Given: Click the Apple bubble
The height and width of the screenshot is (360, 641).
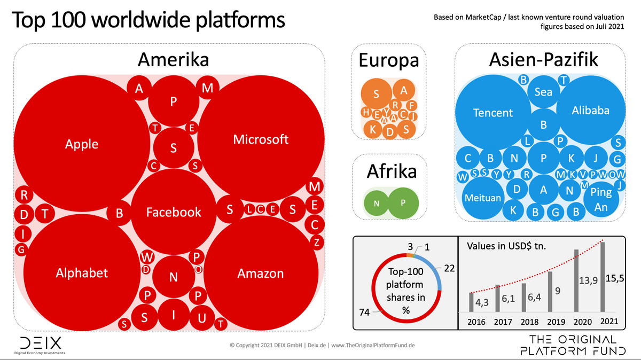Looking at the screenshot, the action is pos(82,144).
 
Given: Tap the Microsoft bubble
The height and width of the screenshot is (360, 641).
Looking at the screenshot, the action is pos(261,139).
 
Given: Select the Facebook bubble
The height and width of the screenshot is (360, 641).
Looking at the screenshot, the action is pos(174,212).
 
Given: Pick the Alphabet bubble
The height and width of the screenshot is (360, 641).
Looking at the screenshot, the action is pos(82,273).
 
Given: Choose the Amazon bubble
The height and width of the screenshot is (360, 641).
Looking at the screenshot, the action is pos(261,273).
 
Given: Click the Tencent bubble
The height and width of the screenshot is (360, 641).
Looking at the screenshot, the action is pos(493,113).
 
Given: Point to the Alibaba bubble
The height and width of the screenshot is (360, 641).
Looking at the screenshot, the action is pos(591,110).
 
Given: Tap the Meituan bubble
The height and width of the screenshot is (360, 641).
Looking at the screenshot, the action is pos(483,198).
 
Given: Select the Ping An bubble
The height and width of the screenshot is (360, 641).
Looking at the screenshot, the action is pos(601,199).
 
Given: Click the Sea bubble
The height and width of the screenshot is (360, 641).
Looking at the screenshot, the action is pos(543,91).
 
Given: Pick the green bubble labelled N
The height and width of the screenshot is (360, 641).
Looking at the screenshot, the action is pos(376,203).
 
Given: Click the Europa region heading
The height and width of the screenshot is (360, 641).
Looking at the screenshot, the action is pos(389,60).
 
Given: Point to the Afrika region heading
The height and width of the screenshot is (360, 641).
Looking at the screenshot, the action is pos(392,171).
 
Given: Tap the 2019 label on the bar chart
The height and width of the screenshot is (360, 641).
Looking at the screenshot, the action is pos(556,322).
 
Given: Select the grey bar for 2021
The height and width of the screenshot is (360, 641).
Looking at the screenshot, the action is pos(603,277).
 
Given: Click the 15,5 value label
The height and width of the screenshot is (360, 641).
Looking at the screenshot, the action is pos(614,278).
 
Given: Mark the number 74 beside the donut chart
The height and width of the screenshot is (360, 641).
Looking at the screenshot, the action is pos(364,312).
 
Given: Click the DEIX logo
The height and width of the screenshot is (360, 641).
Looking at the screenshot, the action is pos(40,345).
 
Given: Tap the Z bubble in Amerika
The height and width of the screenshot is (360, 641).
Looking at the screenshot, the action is pos(317,242).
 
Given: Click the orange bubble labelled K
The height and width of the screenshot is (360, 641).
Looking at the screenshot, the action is pos(372,129).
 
